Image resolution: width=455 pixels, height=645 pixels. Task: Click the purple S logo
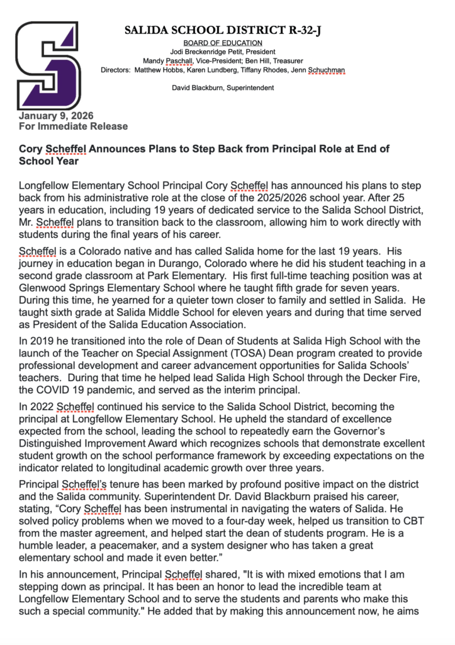tap(48, 66)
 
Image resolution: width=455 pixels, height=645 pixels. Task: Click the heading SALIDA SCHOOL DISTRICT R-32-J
tap(227, 30)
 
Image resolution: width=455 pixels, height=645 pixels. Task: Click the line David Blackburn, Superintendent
tap(223, 88)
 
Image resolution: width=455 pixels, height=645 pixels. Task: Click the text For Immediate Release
tap(73, 126)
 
